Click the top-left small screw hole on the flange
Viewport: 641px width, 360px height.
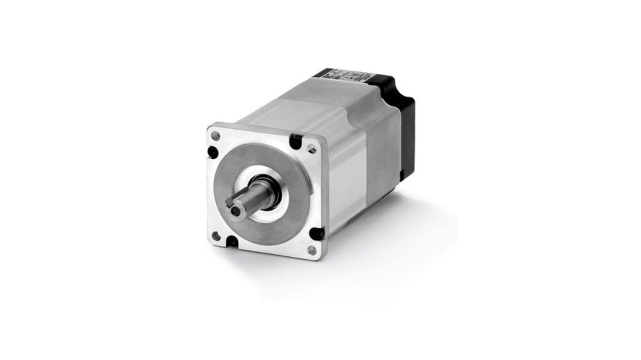216,135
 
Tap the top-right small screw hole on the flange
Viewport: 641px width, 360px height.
311,148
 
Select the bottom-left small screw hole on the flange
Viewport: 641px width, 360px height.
216,235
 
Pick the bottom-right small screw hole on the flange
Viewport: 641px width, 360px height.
311,249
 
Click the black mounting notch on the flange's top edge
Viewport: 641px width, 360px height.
295,141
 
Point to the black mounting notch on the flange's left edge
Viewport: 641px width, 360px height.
213,152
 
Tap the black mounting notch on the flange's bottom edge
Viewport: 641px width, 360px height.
232,242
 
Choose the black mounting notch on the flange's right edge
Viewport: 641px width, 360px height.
317,233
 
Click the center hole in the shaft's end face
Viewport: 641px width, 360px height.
232,211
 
